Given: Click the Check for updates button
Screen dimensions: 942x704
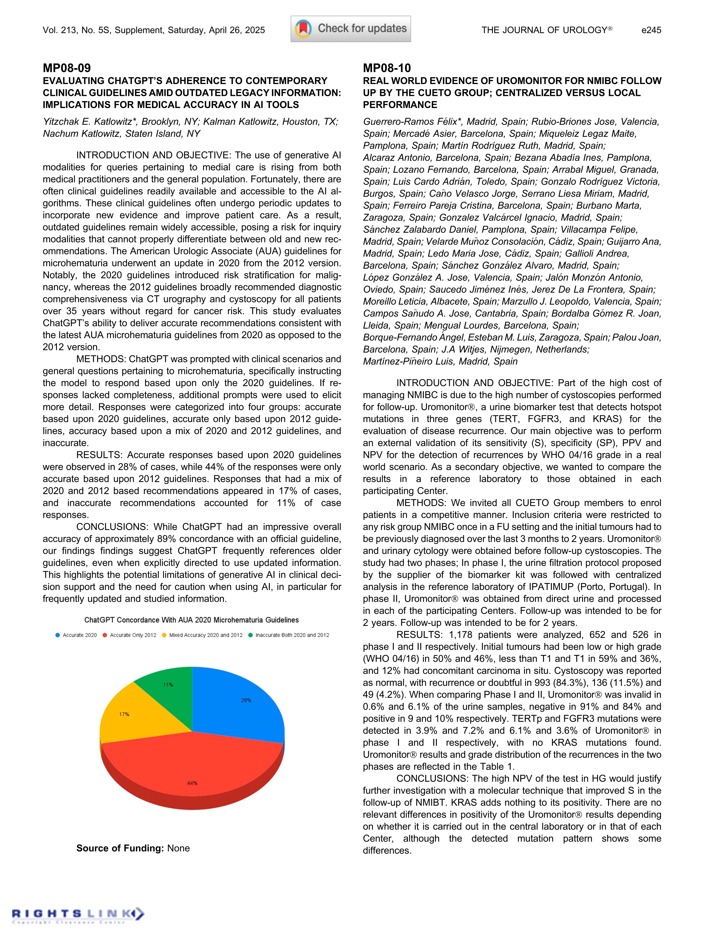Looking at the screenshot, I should pos(350,29).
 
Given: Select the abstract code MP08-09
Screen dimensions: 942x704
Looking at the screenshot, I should pos(67,68).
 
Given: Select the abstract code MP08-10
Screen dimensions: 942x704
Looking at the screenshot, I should pos(387,68).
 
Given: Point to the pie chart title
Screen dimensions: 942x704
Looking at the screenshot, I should pos(191,620).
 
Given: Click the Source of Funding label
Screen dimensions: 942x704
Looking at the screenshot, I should pos(120,848).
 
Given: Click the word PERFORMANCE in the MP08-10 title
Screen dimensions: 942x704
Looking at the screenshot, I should pos(400,105).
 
